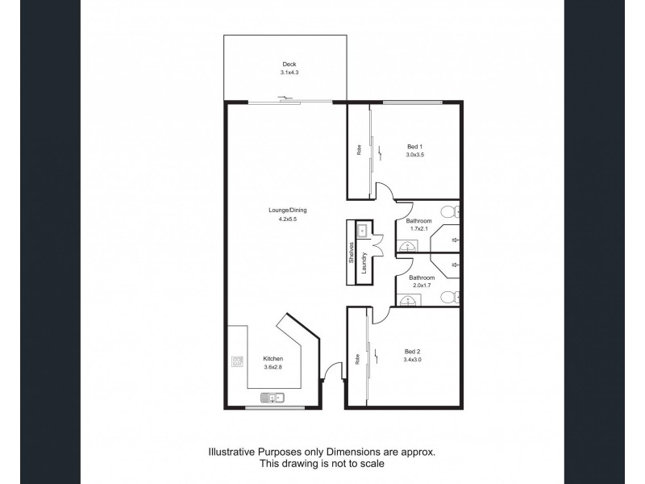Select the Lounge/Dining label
[x=287, y=210]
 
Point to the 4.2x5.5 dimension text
[x=287, y=219]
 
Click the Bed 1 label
[x=414, y=146]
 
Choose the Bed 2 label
[x=413, y=351]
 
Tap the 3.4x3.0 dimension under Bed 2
[x=413, y=360]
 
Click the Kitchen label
[x=273, y=359]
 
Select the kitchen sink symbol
[x=272, y=396]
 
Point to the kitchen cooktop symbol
[x=237, y=362]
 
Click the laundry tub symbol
[x=363, y=230]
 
